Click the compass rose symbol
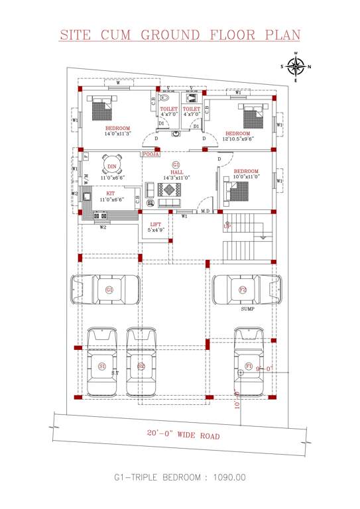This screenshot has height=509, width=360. [x=297, y=66]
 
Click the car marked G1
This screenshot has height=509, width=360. [x=108, y=290]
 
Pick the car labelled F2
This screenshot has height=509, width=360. [x=243, y=290]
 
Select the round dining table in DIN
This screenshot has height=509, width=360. [x=111, y=166]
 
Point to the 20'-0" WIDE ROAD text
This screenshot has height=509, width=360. [x=182, y=435]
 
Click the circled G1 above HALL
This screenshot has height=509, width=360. [x=176, y=164]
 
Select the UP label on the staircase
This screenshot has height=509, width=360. [x=228, y=226]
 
